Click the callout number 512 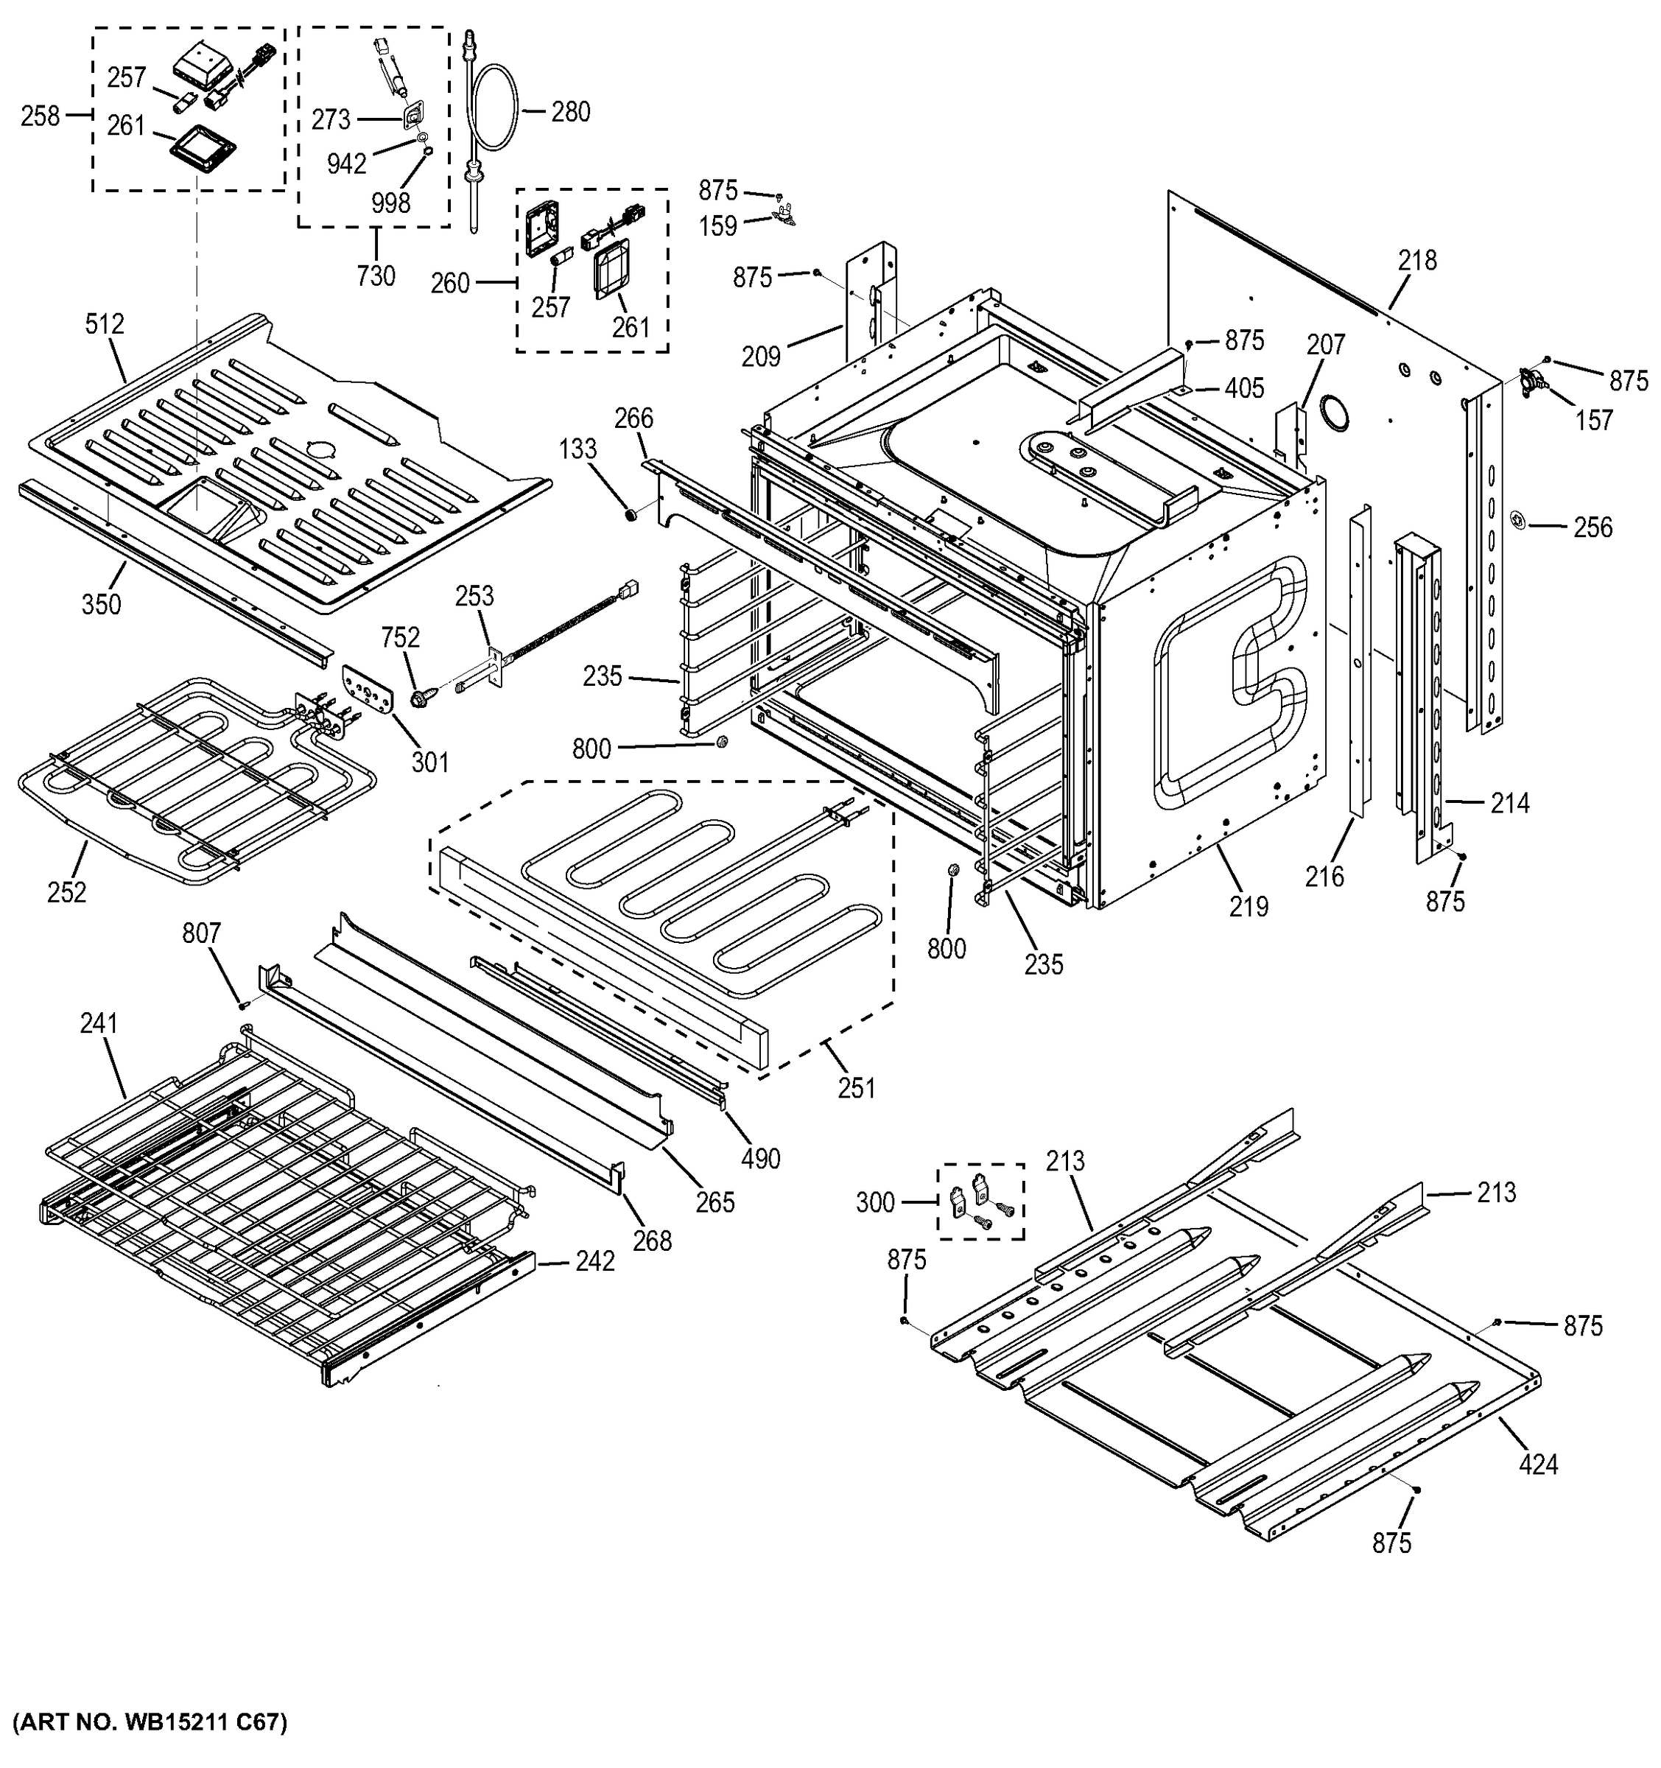[x=104, y=325]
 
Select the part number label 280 [x=570, y=112]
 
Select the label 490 [x=760, y=1159]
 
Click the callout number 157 [x=1593, y=421]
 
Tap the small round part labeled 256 [x=1519, y=519]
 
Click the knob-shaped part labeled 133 [x=631, y=514]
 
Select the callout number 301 [x=430, y=762]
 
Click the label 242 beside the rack [x=594, y=1261]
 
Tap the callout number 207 [x=1326, y=345]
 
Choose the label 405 [x=1244, y=389]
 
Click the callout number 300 [x=875, y=1202]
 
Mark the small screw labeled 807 [x=241, y=1005]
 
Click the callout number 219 [x=1249, y=906]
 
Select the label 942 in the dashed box [x=346, y=164]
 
